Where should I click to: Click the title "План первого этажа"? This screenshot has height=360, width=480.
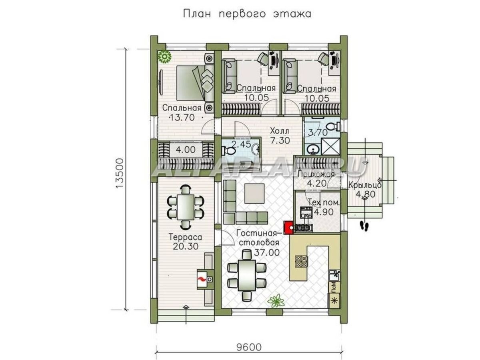point(247,14)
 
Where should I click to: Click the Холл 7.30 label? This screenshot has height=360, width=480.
point(279,136)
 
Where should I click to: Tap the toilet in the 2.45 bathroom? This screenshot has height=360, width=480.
point(229,151)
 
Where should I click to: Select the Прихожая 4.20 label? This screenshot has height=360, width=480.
point(316,179)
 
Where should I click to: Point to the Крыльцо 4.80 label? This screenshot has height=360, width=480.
point(364,190)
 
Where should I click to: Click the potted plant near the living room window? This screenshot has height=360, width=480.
point(274,300)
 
